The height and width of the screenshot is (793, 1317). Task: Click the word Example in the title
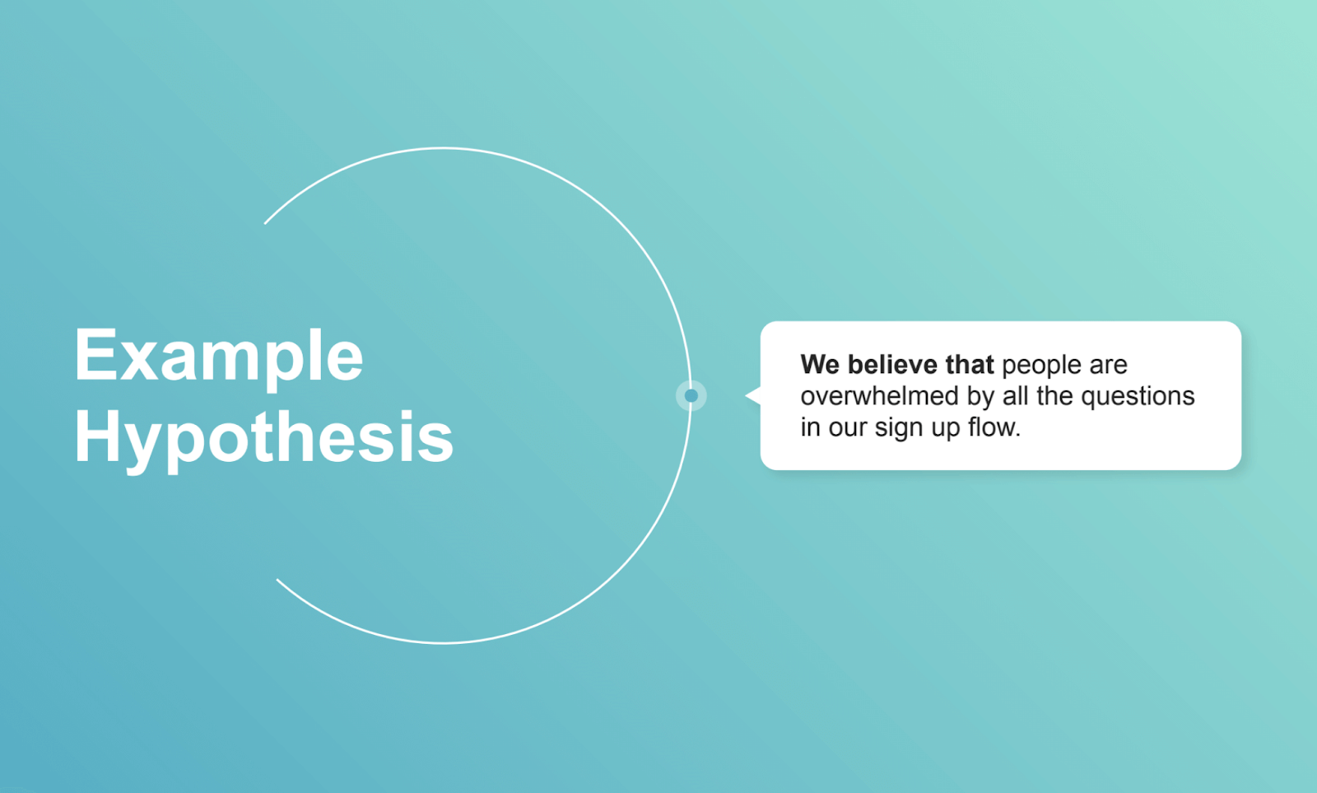218,356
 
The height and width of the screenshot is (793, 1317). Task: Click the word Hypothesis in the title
263,436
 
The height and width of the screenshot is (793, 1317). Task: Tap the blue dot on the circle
691,396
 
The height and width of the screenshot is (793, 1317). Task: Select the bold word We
820,365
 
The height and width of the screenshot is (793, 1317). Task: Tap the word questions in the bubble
1138,397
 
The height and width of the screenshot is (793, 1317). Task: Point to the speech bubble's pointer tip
747,396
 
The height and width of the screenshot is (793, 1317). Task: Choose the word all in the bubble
1015,396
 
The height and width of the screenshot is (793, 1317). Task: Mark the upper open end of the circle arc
265,223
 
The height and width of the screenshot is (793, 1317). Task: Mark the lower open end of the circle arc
277,580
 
